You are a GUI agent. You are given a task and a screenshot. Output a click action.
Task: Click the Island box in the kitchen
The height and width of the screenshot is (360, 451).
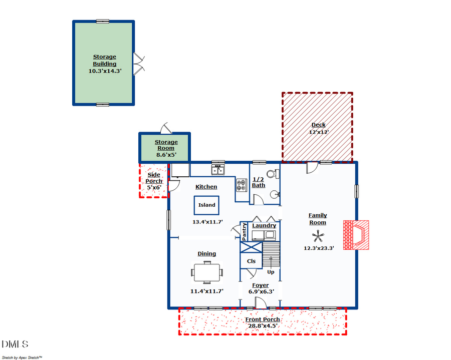pyautogui.click(x=206, y=205)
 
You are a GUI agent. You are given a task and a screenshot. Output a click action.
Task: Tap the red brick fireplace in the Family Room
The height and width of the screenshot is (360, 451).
pyautogui.click(x=356, y=235)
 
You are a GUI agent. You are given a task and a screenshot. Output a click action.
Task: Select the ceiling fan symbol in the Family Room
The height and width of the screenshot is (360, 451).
pyautogui.click(x=318, y=236)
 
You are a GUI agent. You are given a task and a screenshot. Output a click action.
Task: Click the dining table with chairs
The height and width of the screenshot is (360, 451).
pyautogui.click(x=206, y=273)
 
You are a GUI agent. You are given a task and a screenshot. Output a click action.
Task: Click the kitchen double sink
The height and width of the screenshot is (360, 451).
pyautogui.click(x=217, y=170)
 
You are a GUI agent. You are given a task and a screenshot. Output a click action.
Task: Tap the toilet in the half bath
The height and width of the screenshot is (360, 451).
pyautogui.click(x=271, y=175)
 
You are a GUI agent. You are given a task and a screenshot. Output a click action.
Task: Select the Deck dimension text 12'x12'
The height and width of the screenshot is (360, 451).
pyautogui.click(x=318, y=133)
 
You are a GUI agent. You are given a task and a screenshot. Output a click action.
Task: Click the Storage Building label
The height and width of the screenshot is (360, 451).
pyautogui.click(x=105, y=61)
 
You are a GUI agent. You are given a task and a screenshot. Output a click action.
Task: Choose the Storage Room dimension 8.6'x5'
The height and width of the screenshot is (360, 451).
pyautogui.click(x=166, y=155)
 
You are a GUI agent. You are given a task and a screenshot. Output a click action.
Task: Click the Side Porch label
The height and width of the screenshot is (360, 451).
pyautogui.click(x=154, y=178)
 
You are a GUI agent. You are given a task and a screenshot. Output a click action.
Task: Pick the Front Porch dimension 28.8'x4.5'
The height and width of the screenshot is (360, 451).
pyautogui.click(x=262, y=325)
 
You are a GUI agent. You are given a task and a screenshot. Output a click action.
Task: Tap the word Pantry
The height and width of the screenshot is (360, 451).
pyautogui.click(x=245, y=232)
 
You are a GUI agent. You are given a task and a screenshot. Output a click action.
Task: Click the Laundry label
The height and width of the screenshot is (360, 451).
pyautogui.click(x=264, y=225)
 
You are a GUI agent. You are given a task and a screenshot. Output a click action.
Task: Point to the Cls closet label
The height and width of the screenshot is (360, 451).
pyautogui.click(x=252, y=261)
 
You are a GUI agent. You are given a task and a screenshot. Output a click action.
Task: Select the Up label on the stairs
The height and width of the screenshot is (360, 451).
pyautogui.click(x=271, y=272)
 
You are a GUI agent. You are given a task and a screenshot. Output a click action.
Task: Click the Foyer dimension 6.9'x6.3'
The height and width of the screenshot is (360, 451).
pyautogui.click(x=260, y=291)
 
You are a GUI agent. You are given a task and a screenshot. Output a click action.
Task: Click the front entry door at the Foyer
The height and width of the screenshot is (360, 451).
pyautogui.click(x=260, y=303)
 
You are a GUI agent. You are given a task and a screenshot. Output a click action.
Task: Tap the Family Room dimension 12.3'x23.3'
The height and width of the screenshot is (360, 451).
pyautogui.click(x=318, y=248)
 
